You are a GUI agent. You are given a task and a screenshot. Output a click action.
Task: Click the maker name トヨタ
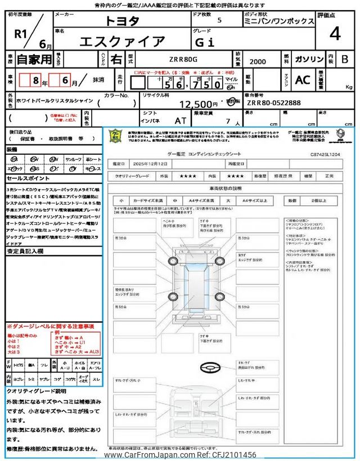pos(123,21)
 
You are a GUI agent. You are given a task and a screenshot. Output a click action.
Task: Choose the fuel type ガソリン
pos(309,59)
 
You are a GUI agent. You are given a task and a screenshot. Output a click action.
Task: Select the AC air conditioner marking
pos(303,80)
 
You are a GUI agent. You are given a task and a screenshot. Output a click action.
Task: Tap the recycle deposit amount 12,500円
pos(198,104)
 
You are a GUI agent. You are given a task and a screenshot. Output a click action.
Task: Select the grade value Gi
pos(219,41)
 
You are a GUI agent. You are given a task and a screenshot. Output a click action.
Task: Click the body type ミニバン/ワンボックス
pos(279,21)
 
